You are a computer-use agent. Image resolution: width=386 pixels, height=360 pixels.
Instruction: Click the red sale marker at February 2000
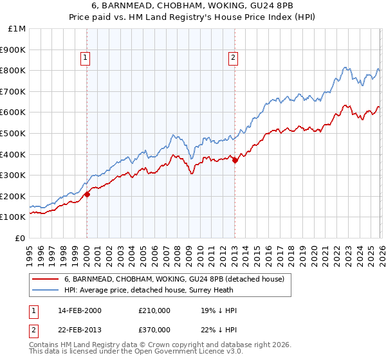click(87, 194)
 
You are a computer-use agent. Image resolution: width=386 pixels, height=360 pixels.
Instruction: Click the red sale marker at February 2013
click(235, 161)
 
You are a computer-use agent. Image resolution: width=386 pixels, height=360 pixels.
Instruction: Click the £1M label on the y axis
click(17, 29)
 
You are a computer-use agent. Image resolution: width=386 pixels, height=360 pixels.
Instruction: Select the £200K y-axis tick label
click(14, 196)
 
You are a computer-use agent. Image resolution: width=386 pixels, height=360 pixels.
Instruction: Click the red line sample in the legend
click(45, 279)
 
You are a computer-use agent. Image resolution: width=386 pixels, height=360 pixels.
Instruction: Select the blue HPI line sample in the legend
click(45, 290)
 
